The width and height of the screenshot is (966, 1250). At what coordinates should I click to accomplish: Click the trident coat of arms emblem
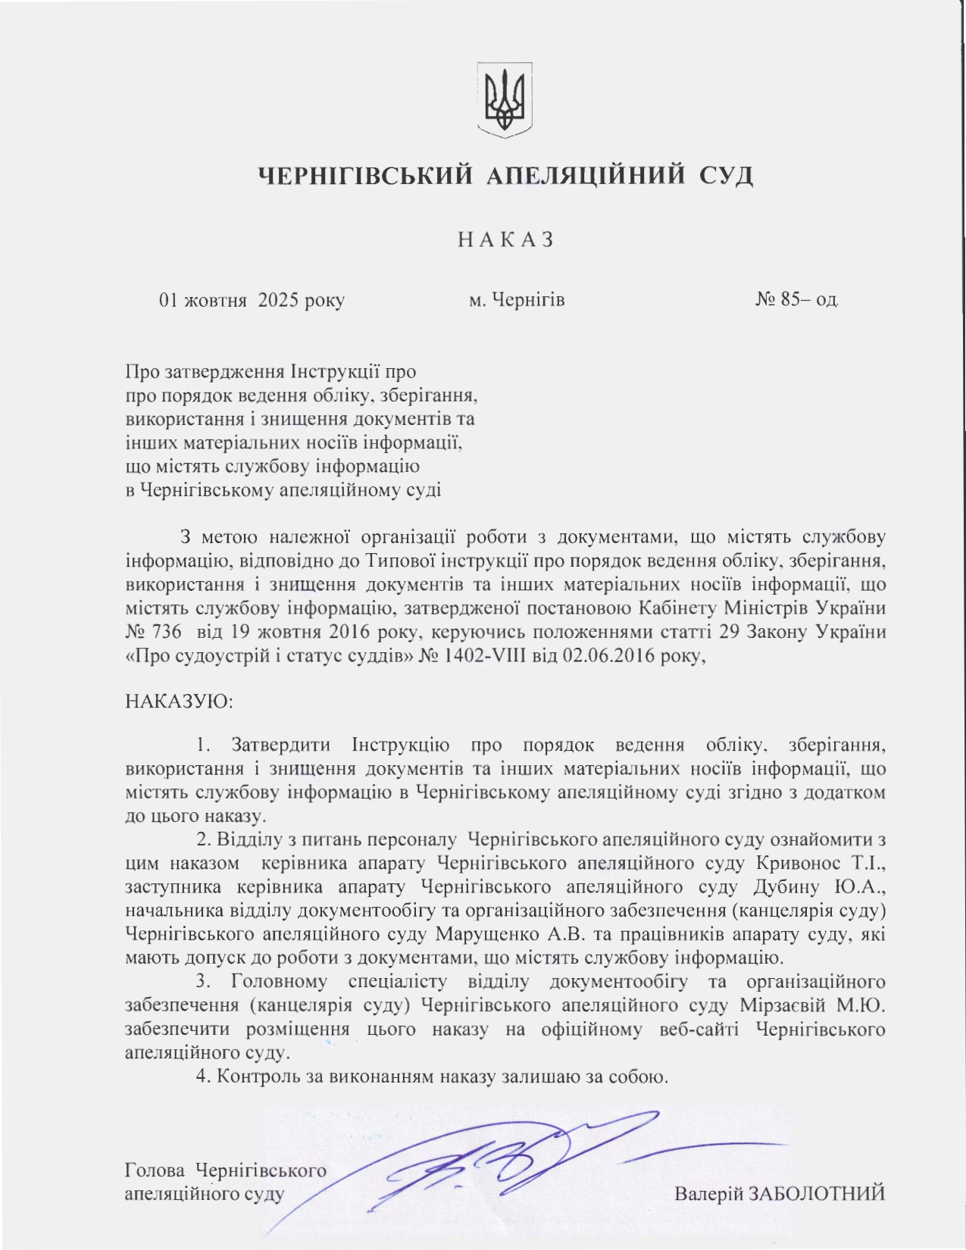[505, 100]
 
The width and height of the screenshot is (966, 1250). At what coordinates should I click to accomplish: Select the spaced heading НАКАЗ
[506, 239]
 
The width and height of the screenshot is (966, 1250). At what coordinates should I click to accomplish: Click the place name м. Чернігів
[517, 300]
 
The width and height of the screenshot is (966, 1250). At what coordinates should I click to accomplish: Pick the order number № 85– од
[796, 300]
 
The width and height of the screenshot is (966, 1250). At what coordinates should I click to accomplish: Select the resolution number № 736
[153, 633]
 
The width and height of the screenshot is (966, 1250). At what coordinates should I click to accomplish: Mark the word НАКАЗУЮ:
[179, 701]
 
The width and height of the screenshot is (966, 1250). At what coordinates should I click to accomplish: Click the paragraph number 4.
[202, 1077]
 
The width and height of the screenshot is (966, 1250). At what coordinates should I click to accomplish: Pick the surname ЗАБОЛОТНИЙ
[817, 1195]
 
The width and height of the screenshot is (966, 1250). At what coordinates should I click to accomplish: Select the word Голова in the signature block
[155, 1170]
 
